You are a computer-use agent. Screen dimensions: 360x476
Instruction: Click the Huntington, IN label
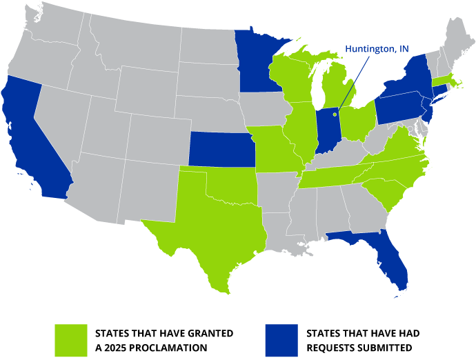[376, 50]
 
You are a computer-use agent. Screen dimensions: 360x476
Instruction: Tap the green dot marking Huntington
[335, 114]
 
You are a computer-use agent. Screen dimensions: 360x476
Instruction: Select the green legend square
[72, 339]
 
